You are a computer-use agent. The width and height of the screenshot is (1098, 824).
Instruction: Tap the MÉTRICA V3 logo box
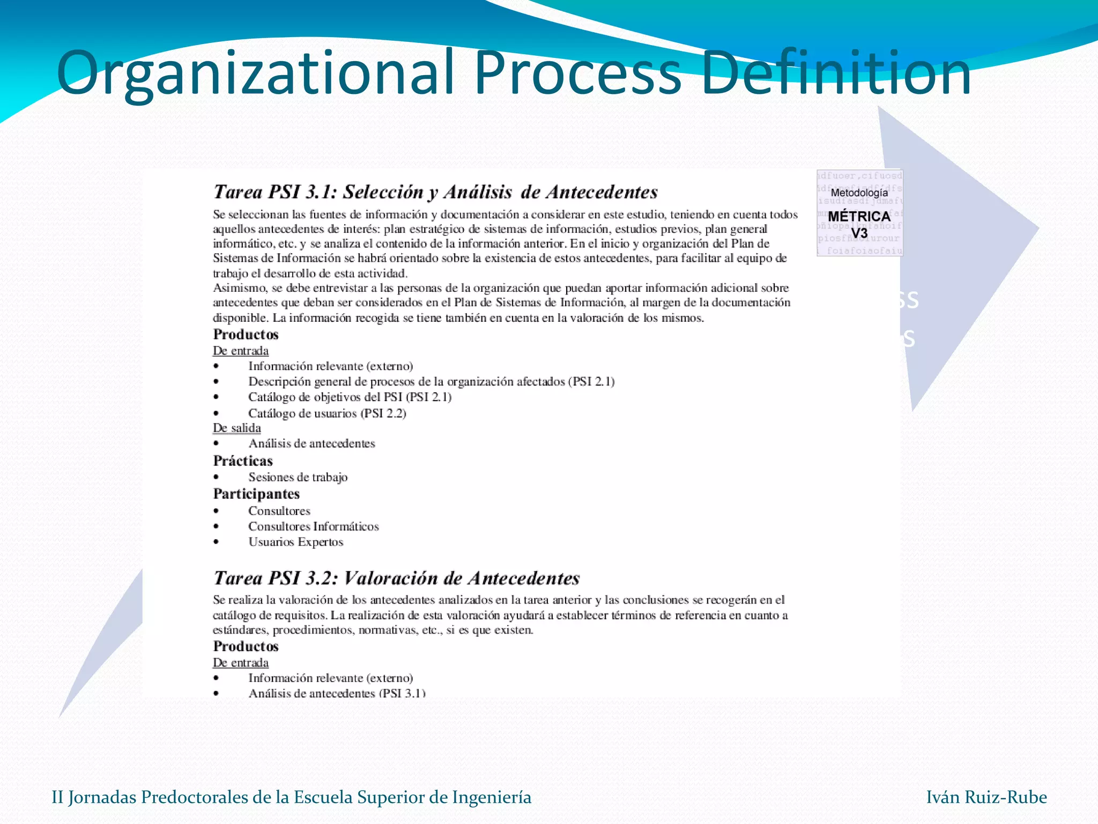pos(859,214)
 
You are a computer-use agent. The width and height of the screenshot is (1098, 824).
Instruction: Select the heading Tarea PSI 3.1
pos(435,192)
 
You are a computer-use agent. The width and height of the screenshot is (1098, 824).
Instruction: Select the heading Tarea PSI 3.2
pos(396,578)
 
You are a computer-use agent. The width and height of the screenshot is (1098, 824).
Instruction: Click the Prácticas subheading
pos(243,461)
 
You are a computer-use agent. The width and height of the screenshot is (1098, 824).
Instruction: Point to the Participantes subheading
pos(256,494)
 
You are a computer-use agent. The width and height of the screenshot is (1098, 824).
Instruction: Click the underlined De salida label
pos(237,428)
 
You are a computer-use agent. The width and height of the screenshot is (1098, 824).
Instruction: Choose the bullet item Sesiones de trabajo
pos(298,477)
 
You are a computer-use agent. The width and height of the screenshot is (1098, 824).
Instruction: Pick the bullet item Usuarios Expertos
pos(295,542)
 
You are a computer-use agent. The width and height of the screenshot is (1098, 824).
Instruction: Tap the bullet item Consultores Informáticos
pos(313,526)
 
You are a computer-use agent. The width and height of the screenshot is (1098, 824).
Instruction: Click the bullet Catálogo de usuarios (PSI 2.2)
pos(327,413)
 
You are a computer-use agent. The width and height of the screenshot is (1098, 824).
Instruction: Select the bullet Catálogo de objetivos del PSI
pos(350,397)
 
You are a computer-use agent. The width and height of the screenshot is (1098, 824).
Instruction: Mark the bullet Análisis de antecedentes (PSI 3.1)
pos(337,693)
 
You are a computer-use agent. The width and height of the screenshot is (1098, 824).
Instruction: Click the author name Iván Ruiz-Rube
pos(986,797)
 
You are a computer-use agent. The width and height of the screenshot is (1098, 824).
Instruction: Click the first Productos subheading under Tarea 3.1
pos(246,334)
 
